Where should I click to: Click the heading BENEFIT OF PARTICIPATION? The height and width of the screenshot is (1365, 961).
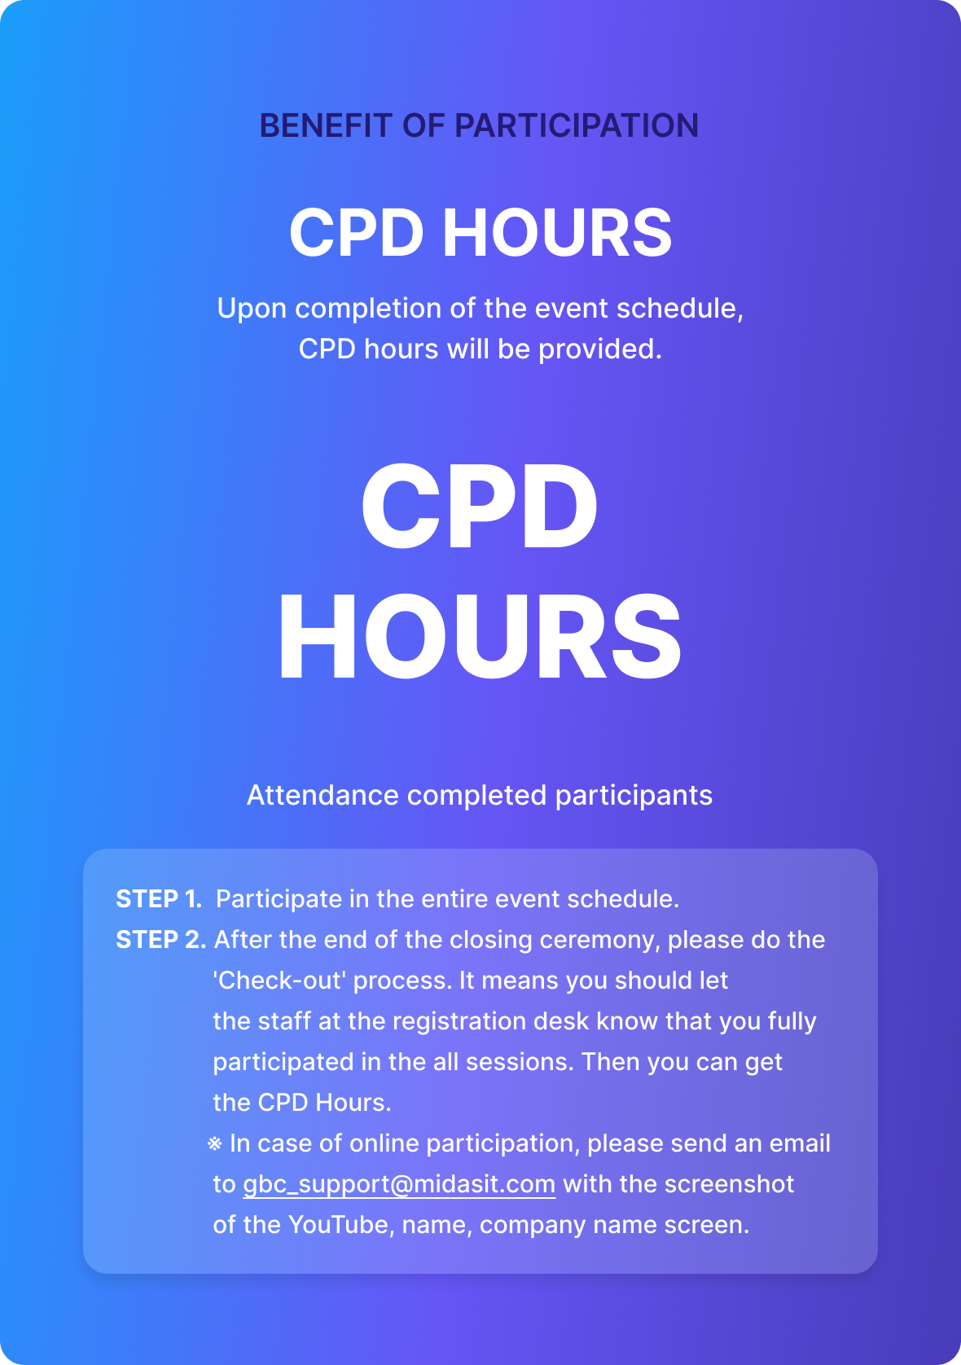pyautogui.click(x=479, y=125)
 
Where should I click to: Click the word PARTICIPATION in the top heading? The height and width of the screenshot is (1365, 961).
pyautogui.click(x=577, y=125)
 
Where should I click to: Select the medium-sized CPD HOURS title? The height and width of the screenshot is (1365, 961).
pyautogui.click(x=480, y=232)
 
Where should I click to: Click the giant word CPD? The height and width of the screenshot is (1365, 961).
pyautogui.click(x=480, y=506)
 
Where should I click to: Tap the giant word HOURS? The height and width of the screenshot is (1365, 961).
pyautogui.click(x=480, y=637)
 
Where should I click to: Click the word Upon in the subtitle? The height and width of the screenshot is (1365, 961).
pyautogui.click(x=252, y=309)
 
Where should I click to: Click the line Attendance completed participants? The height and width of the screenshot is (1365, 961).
pyautogui.click(x=480, y=796)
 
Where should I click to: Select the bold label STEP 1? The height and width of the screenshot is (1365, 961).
pyautogui.click(x=159, y=899)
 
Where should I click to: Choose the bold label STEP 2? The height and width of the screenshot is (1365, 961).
pyautogui.click(x=161, y=940)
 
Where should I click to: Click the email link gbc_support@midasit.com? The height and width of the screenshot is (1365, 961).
pyautogui.click(x=399, y=1184)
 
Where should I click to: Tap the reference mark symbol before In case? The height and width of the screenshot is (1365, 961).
pyautogui.click(x=214, y=1143)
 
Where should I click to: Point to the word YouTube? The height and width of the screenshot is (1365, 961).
pyautogui.click(x=341, y=1225)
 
